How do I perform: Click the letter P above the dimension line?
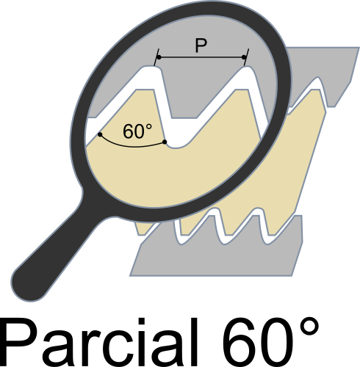click(x=201, y=46)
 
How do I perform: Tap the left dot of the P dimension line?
click(x=159, y=57)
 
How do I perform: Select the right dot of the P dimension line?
click(x=244, y=57)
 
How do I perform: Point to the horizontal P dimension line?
click(x=201, y=57)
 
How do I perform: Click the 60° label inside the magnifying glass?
click(x=137, y=131)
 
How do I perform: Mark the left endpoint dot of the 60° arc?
click(x=100, y=134)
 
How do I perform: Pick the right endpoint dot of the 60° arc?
click(x=165, y=142)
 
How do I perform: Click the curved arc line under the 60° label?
click(x=132, y=147)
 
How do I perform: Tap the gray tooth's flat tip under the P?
click(x=184, y=118)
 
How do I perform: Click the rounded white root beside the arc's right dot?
click(x=177, y=145)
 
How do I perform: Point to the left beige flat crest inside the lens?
click(x=144, y=90)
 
